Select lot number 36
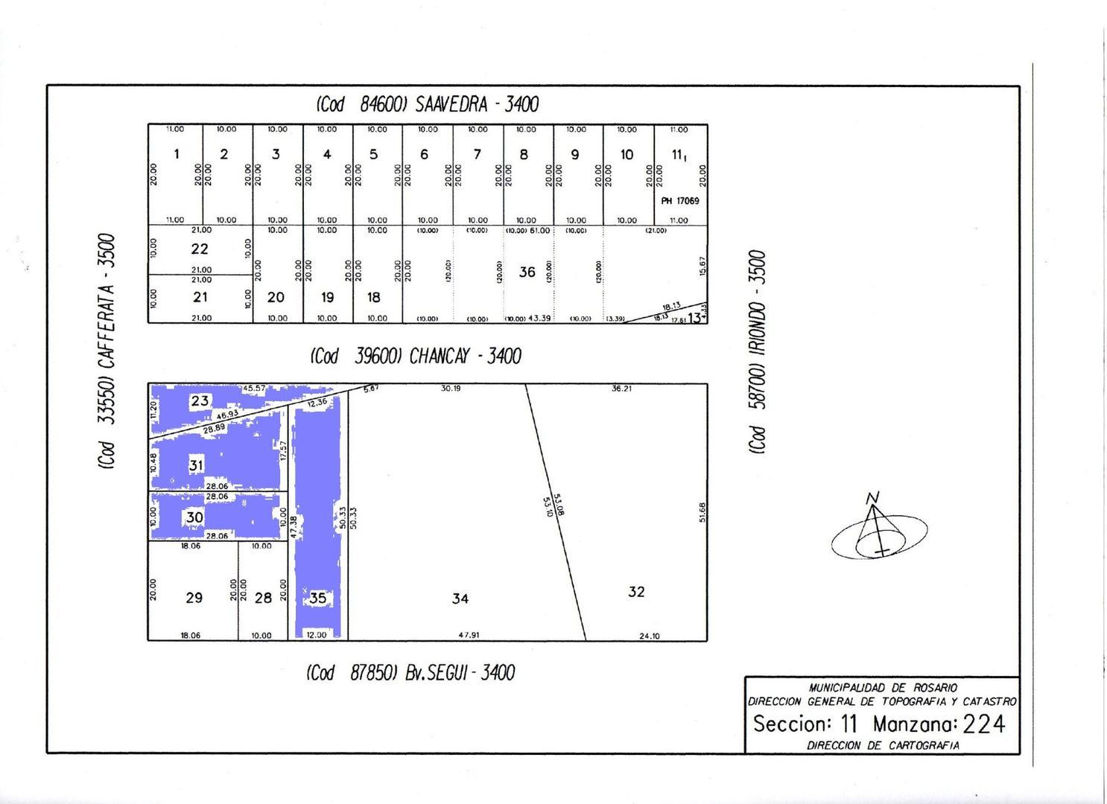(x=527, y=272)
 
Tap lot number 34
(x=460, y=599)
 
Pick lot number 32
(x=635, y=592)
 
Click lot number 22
(x=199, y=249)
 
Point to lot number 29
(x=194, y=598)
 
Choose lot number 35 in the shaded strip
(x=317, y=598)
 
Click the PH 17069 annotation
(x=679, y=201)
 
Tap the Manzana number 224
(x=983, y=724)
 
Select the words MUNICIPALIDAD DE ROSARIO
(x=883, y=688)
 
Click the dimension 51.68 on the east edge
(x=702, y=512)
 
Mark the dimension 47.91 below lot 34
(x=469, y=636)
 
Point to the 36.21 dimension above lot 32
(x=621, y=389)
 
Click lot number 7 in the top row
(x=477, y=155)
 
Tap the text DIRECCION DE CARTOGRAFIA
(x=883, y=745)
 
